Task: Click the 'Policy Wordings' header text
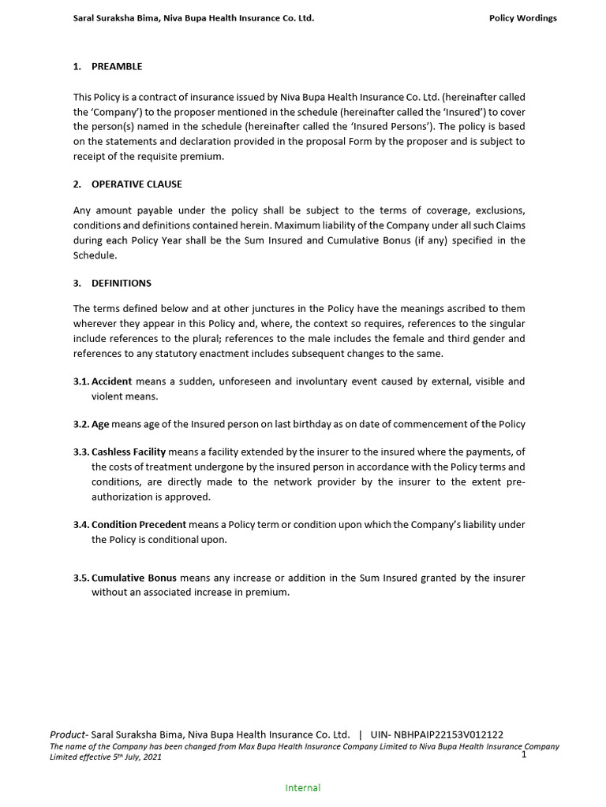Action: [x=522, y=18]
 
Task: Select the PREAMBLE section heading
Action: [x=117, y=67]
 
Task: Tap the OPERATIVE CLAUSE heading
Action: [x=137, y=184]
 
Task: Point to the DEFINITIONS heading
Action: [x=122, y=283]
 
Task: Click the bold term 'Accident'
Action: [x=112, y=381]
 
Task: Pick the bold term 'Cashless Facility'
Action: [x=129, y=452]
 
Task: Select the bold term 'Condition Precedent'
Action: [x=139, y=525]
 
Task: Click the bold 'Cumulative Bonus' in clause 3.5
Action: [x=134, y=578]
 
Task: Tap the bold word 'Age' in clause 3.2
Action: [x=100, y=425]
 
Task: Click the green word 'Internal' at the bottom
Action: [x=302, y=787]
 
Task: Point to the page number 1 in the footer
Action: [x=523, y=755]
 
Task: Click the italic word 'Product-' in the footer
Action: [x=69, y=734]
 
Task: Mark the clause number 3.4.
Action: [x=81, y=525]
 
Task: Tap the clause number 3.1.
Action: [x=81, y=381]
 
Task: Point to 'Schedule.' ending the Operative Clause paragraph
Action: [x=95, y=256]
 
